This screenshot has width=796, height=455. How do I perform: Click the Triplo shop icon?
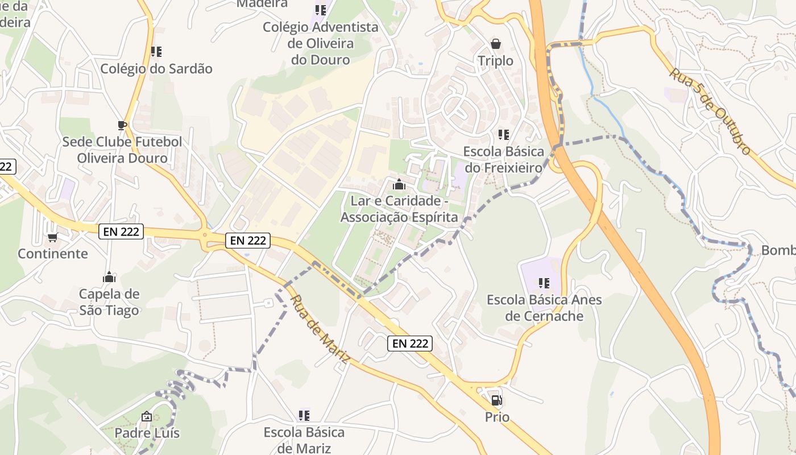point(496,44)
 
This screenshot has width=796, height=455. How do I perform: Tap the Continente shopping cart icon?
point(52,237)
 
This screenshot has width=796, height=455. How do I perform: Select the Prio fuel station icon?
point(496,400)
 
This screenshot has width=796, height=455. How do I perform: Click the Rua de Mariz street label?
point(320,328)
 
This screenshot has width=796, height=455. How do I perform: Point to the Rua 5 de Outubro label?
point(710,111)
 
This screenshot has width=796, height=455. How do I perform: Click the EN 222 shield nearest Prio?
point(410,344)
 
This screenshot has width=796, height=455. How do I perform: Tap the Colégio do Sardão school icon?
point(156,52)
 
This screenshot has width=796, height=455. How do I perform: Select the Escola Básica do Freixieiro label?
point(504,160)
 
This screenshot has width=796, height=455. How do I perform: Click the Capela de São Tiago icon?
point(109,278)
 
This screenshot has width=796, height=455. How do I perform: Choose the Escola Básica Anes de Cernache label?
point(544,308)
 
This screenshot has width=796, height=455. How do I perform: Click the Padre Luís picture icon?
point(147,417)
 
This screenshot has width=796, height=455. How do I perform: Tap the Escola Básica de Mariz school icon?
point(304,416)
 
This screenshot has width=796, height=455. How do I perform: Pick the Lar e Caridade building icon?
point(399,185)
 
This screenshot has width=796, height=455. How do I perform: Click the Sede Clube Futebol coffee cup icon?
point(121,125)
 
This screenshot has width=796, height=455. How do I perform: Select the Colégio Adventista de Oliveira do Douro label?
point(321,43)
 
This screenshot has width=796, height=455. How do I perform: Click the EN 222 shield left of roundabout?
point(121,231)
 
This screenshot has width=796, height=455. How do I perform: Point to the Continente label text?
point(53,254)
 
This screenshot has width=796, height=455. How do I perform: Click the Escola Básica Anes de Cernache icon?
point(544,283)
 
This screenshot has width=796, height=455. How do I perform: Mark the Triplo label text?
point(495,61)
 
